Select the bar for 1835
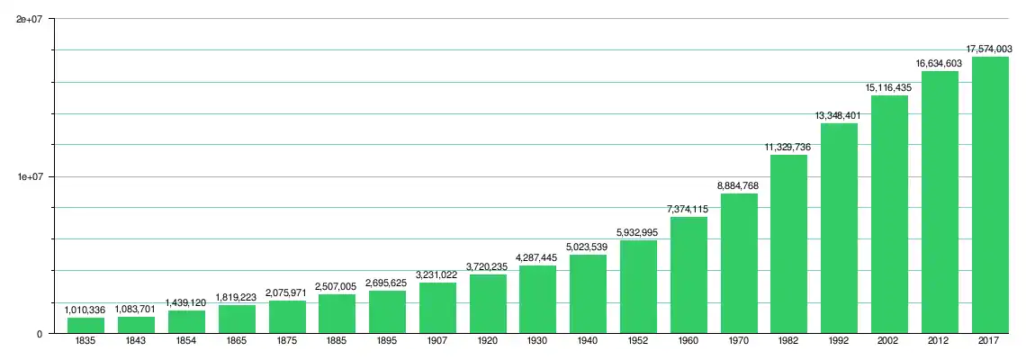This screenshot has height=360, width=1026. [85, 326]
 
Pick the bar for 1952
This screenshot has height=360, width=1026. [638, 287]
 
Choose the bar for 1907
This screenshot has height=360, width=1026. [437, 309]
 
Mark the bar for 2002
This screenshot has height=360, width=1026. [889, 214]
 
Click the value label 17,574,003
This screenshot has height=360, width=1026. [990, 48]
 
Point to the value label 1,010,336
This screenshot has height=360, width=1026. [85, 310]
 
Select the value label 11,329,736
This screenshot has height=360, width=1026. [788, 147]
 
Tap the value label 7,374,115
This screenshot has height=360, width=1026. [688, 209]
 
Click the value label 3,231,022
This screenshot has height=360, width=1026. [437, 274]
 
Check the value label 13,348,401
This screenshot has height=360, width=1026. [839, 115]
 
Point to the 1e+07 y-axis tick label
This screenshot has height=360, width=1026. [31, 176]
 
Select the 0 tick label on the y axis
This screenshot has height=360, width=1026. [40, 334]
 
